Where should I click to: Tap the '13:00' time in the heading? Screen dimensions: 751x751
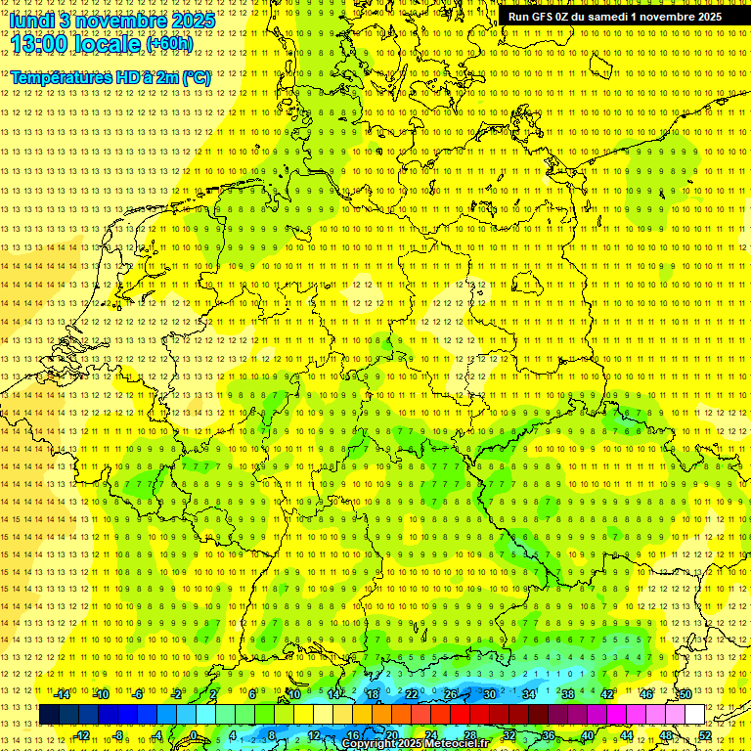click(x=38, y=43)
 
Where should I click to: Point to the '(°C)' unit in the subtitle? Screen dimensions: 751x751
click(x=196, y=77)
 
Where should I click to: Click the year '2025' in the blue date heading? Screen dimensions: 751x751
click(x=193, y=21)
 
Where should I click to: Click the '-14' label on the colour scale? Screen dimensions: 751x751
click(x=62, y=694)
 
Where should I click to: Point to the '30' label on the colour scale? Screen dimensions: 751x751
click(x=490, y=694)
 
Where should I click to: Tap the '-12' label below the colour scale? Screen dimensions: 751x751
click(x=82, y=735)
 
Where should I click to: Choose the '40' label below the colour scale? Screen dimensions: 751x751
click(x=587, y=735)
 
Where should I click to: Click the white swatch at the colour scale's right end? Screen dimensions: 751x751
click(x=694, y=715)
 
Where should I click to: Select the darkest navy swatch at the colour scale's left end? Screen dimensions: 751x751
click(x=49, y=715)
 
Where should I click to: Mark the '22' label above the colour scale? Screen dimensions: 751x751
click(x=412, y=694)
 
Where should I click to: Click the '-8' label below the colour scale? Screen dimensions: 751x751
click(x=119, y=735)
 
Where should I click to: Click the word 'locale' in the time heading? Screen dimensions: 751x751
click(x=109, y=44)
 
